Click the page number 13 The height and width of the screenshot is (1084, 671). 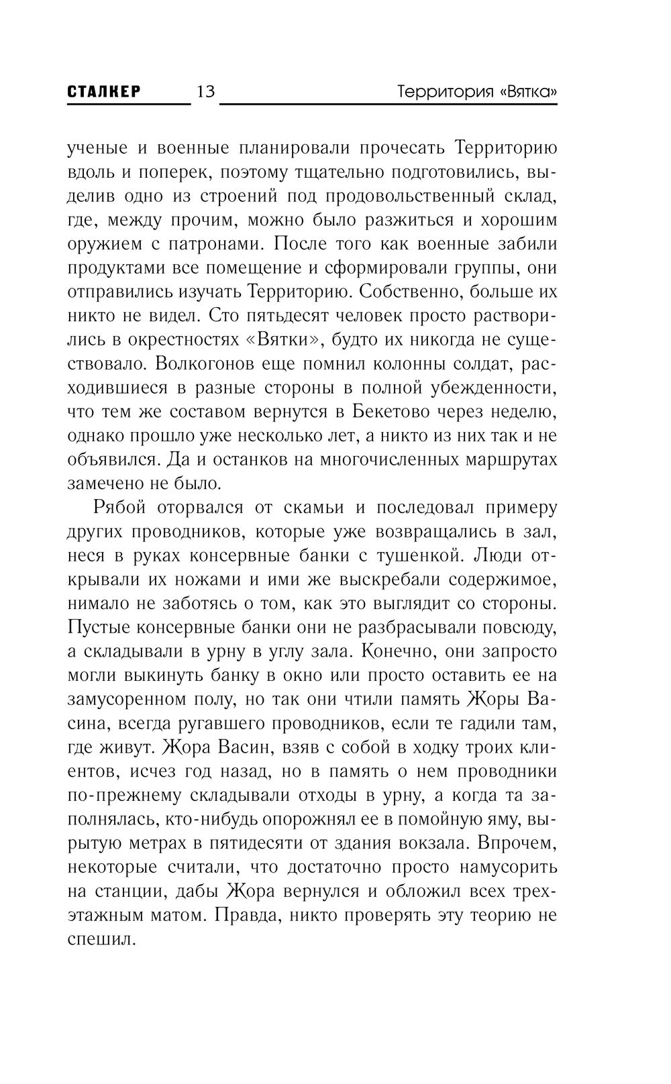[x=205, y=91]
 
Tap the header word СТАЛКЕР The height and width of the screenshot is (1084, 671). [x=104, y=92]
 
